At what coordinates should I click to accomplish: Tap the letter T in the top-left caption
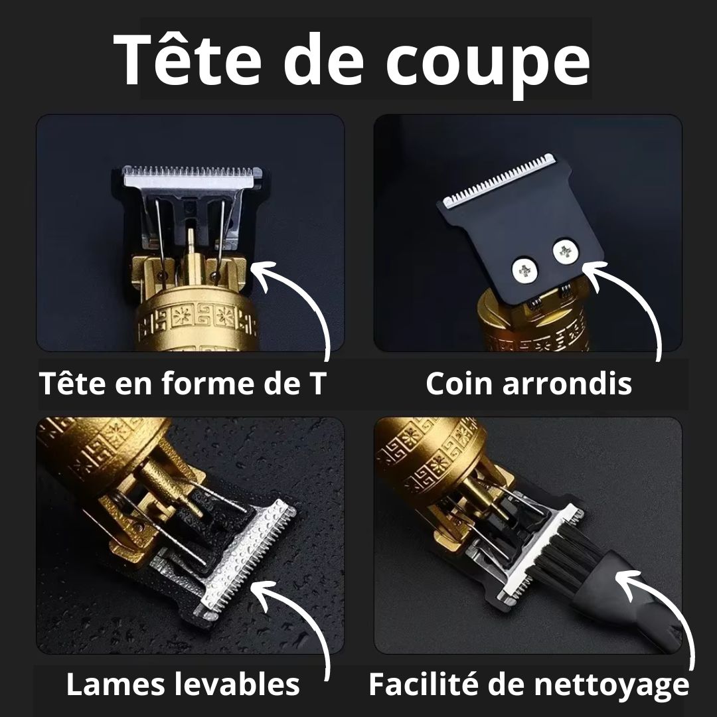pyautogui.click(x=315, y=384)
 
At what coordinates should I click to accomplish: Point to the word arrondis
pyautogui.click(x=566, y=384)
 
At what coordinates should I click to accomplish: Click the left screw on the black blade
pyautogui.click(x=524, y=269)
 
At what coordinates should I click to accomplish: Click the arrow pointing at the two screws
pyautogui.click(x=631, y=299)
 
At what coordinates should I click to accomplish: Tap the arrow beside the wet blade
pyautogui.click(x=299, y=617)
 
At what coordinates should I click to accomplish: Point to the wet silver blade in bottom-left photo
pyautogui.click(x=246, y=558)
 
